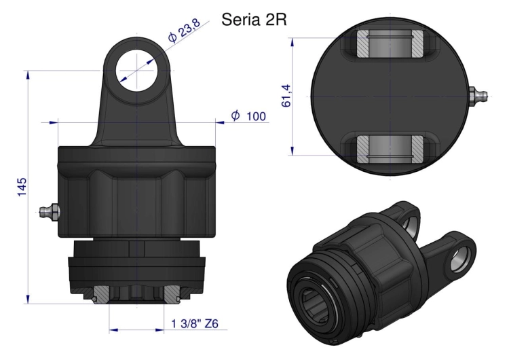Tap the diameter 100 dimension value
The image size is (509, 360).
pyautogui.click(x=256, y=116)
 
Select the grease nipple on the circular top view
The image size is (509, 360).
pyautogui.click(x=478, y=96)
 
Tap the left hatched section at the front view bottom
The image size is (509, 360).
pyautogui.click(x=100, y=292)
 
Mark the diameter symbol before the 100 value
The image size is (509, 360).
pyautogui.click(x=235, y=116)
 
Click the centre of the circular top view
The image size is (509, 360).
pyautogui.click(x=391, y=96)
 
